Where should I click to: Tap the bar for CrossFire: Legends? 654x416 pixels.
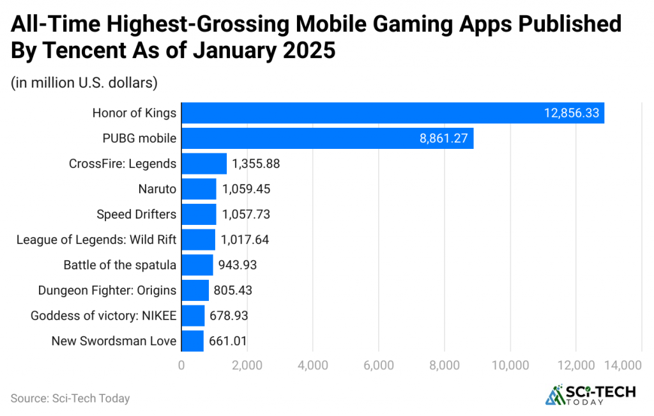(x=204, y=164)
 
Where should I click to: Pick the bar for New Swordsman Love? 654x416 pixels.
(x=192, y=341)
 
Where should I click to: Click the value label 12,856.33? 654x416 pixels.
(x=571, y=113)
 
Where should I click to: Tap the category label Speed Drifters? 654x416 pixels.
(x=136, y=214)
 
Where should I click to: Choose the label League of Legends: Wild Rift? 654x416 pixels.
(x=96, y=240)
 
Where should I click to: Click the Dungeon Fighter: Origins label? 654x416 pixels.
(x=107, y=290)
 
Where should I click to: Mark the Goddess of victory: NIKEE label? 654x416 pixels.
(x=103, y=316)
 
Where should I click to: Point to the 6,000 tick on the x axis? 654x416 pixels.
(x=379, y=366)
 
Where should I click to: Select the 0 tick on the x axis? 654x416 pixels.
(x=182, y=366)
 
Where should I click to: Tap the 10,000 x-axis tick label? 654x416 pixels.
(x=510, y=366)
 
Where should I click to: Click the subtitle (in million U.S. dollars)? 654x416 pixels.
(x=84, y=82)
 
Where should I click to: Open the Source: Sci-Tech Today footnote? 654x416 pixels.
(x=70, y=398)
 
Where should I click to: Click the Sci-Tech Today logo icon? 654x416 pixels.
(x=554, y=395)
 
